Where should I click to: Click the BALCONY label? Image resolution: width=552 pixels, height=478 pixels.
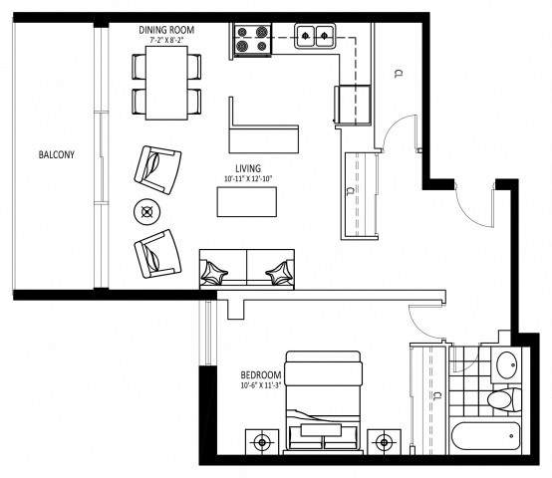(57, 155)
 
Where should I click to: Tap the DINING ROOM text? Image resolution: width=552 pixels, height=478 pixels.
(165, 31)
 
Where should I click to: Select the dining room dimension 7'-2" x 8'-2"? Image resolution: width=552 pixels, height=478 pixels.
(165, 41)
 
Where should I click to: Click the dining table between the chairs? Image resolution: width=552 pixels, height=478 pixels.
(166, 84)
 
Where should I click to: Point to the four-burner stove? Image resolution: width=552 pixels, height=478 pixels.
(251, 40)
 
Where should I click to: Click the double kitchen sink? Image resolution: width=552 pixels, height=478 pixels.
(316, 36)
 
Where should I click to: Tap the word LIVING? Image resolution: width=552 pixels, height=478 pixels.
(248, 168)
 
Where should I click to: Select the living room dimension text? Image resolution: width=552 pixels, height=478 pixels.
(248, 179)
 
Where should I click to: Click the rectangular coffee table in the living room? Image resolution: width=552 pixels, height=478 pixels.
(248, 201)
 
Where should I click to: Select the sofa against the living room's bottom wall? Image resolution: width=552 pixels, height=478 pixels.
(247, 268)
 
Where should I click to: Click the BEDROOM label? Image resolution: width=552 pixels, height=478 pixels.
(261, 376)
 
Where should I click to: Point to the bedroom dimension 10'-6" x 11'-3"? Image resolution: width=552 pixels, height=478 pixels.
(261, 386)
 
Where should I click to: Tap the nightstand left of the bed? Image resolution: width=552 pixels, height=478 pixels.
(262, 439)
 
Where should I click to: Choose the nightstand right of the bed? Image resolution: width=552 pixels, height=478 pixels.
(383, 439)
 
